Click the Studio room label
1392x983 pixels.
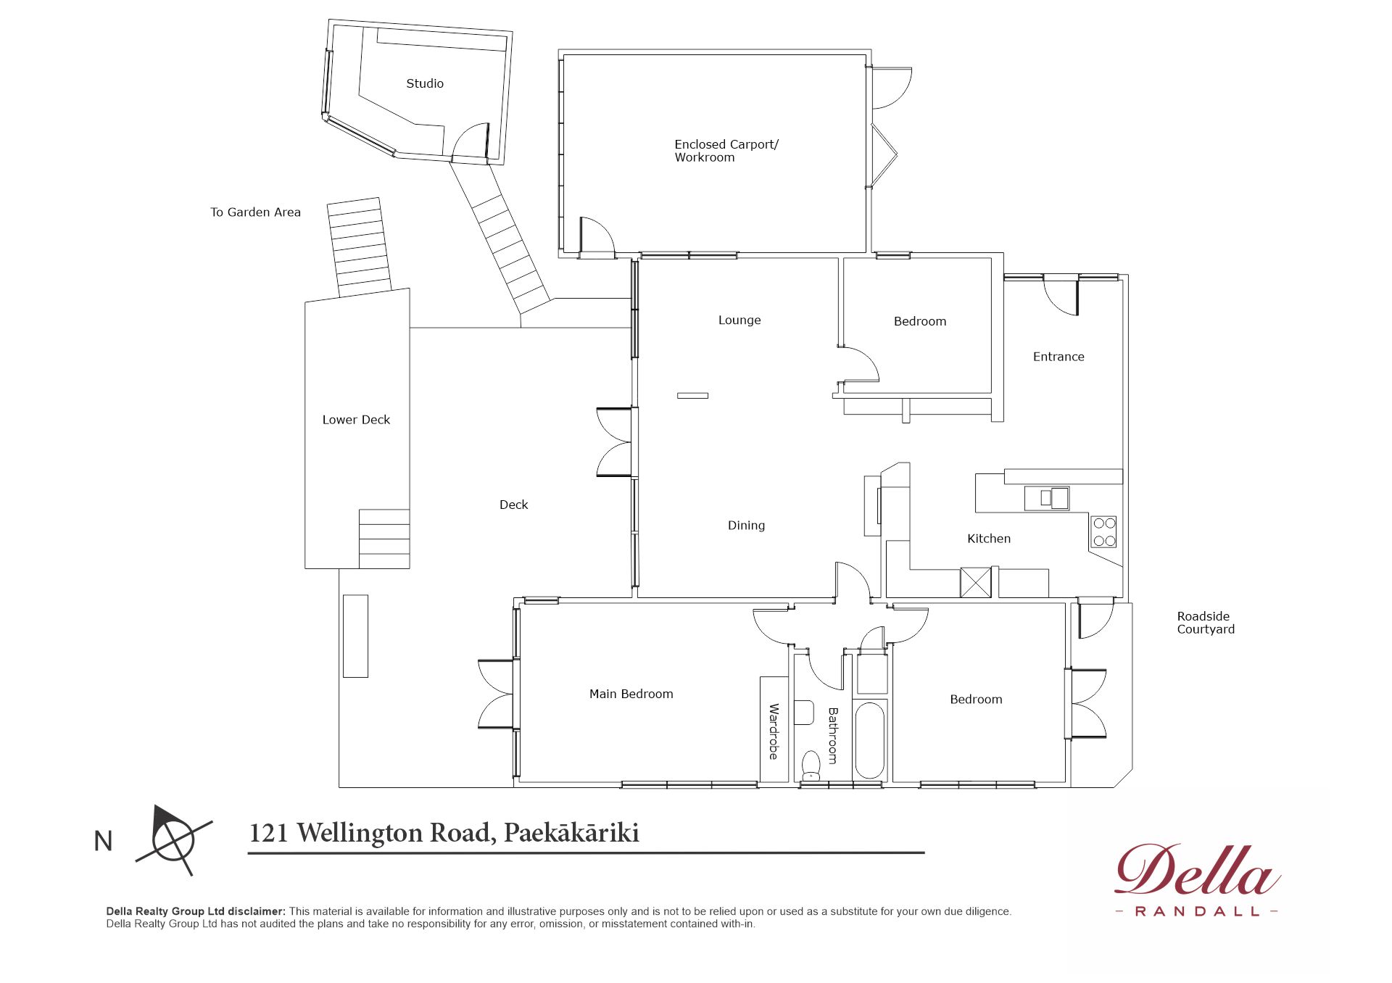click(x=425, y=83)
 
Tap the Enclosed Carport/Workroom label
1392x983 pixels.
click(x=726, y=151)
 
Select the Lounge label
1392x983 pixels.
click(x=739, y=320)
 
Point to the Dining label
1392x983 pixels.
click(x=746, y=526)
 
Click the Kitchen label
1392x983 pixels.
click(x=989, y=539)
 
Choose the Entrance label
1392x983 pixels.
click(x=1058, y=357)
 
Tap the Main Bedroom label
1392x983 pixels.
click(x=631, y=694)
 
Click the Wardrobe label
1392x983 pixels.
click(x=774, y=731)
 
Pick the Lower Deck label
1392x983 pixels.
click(x=356, y=420)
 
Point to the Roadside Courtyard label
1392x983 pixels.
click(x=1206, y=623)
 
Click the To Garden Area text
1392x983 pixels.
click(x=255, y=212)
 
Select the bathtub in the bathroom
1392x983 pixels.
click(x=870, y=739)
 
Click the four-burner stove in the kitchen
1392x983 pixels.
click(x=1104, y=531)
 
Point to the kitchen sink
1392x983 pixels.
click(x=1047, y=498)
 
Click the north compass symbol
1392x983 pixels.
click(x=174, y=840)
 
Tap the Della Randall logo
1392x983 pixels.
click(x=1197, y=879)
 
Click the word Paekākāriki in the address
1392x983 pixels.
click(x=571, y=833)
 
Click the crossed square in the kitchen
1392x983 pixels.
click(x=976, y=583)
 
